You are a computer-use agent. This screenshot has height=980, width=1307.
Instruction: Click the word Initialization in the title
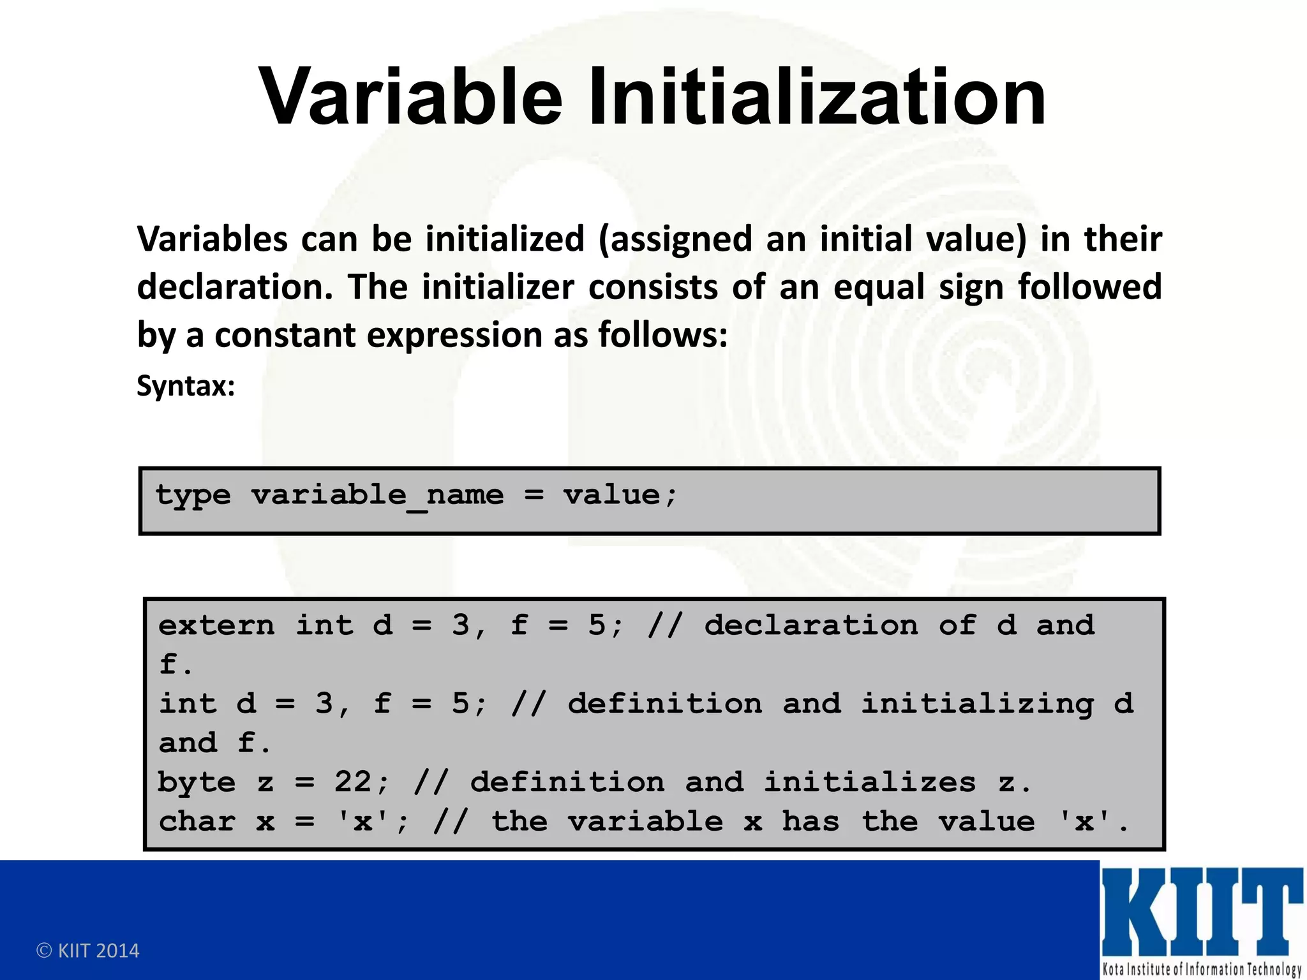[817, 98]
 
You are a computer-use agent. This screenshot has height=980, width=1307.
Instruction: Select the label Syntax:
[186, 386]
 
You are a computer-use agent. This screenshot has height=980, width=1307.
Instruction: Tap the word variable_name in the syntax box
[377, 496]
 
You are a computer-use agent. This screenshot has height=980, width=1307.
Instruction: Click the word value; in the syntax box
[620, 496]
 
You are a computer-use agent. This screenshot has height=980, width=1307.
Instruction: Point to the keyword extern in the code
[216, 625]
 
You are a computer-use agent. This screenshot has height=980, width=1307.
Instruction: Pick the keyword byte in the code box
[197, 783]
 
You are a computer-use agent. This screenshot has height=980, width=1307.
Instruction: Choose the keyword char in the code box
[197, 822]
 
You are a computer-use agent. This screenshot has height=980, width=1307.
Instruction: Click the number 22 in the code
[353, 782]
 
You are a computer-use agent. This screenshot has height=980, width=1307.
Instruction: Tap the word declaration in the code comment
[811, 625]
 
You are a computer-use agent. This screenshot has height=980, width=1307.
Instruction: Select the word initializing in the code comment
[977, 704]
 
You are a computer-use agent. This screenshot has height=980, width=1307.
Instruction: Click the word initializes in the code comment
[870, 782]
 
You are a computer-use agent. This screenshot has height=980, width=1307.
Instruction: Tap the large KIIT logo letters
[1202, 912]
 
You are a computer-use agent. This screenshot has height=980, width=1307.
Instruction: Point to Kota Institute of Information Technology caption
[1202, 969]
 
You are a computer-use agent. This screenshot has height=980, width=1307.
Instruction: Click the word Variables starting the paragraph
[213, 239]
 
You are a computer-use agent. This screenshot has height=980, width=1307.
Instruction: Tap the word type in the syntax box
[193, 496]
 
